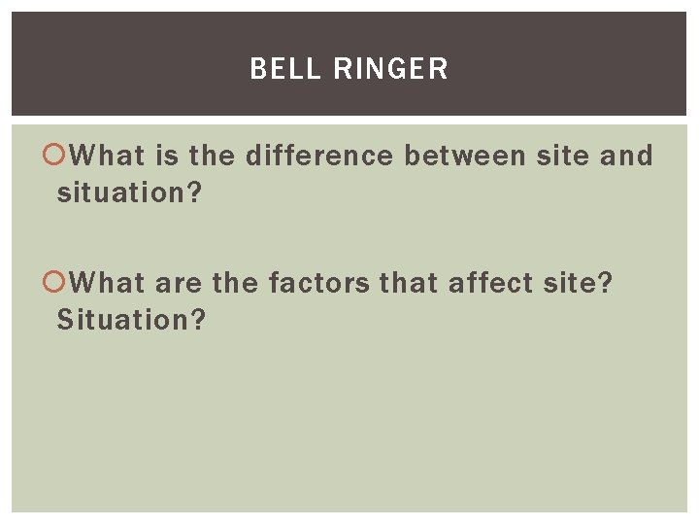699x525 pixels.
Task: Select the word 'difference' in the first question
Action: click(x=319, y=155)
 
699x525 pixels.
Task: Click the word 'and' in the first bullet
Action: click(x=626, y=155)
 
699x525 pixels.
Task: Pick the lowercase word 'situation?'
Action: click(x=129, y=192)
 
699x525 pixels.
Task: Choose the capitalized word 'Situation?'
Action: click(x=131, y=319)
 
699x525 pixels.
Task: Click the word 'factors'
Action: click(x=319, y=283)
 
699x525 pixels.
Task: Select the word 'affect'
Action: click(x=490, y=283)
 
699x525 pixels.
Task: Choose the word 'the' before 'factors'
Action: click(x=235, y=283)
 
